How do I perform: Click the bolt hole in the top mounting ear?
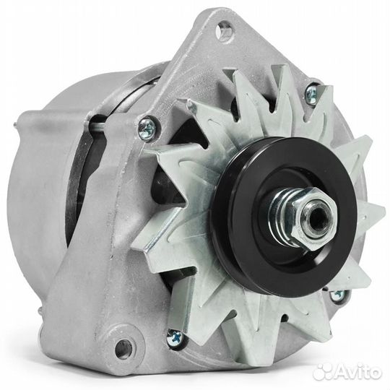click(226, 30)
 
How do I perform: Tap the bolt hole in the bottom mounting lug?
click(125, 348)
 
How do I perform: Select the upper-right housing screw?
click(313, 92)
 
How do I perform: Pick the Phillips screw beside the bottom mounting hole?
click(174, 335)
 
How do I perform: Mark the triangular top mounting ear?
click(217, 43)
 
